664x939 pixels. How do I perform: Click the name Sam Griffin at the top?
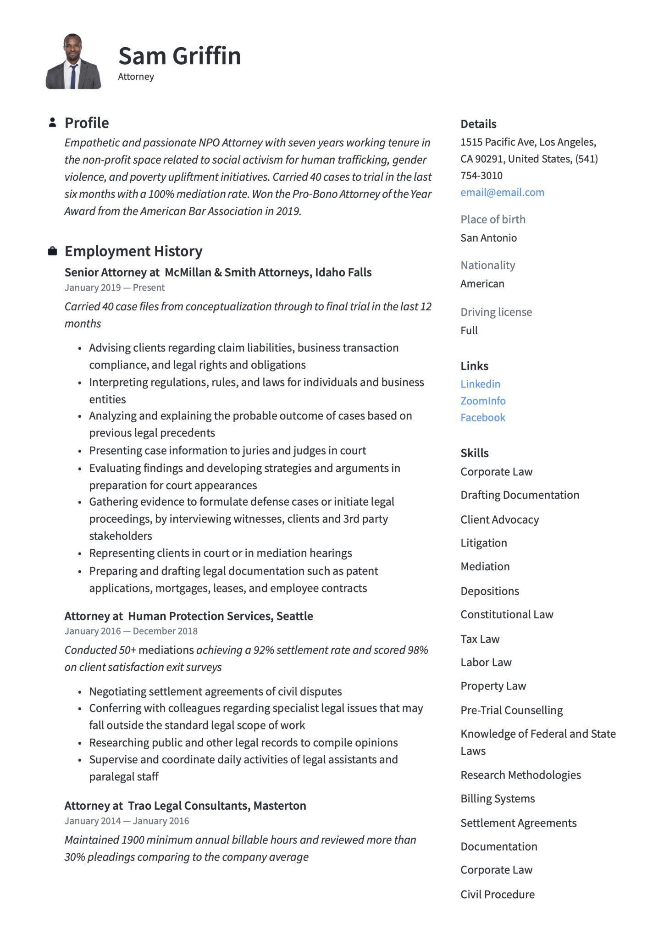pos(179,56)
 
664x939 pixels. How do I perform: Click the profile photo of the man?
pos(73,61)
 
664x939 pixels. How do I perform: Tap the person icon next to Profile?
pos(52,122)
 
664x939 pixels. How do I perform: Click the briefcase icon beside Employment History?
pos(52,251)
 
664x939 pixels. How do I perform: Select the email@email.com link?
pos(502,193)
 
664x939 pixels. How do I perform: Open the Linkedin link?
pos(480,384)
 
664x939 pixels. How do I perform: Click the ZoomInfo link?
pos(483,401)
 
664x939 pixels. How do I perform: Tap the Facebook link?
pos(482,418)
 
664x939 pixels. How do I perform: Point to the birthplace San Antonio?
pos(488,238)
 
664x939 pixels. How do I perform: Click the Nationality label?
pos(487,265)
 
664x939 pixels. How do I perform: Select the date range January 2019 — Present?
pos(114,288)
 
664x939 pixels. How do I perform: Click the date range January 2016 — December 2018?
pos(131,631)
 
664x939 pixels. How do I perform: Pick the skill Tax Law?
pos(480,639)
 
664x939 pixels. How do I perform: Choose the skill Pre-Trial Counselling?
pos(511,710)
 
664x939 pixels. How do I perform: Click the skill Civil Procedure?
pos(498,895)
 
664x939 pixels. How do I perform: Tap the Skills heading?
pos(474,453)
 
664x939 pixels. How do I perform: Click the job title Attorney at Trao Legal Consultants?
pos(185,806)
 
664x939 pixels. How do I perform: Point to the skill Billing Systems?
pos(498,799)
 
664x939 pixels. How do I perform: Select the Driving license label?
pos(496,312)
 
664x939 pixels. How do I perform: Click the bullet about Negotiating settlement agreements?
pos(215,691)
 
